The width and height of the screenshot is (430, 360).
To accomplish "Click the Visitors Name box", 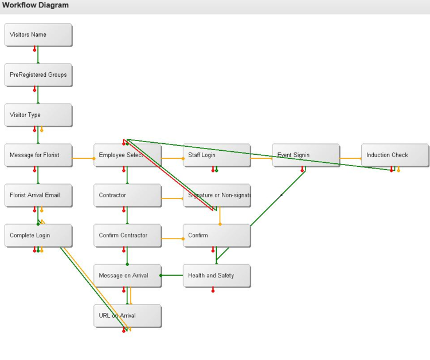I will (38, 34).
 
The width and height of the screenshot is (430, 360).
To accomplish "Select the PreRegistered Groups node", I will (38, 75).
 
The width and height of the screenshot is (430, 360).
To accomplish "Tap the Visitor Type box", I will (38, 115).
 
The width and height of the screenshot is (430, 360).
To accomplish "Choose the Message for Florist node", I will (38, 155).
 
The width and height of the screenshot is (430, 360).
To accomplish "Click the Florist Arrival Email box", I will (38, 195).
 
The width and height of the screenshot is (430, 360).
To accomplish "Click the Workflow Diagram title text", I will (36, 5).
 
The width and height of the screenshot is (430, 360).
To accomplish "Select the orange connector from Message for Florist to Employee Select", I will (83, 158).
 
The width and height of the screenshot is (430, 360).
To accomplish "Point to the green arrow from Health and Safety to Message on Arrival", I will (172, 275).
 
